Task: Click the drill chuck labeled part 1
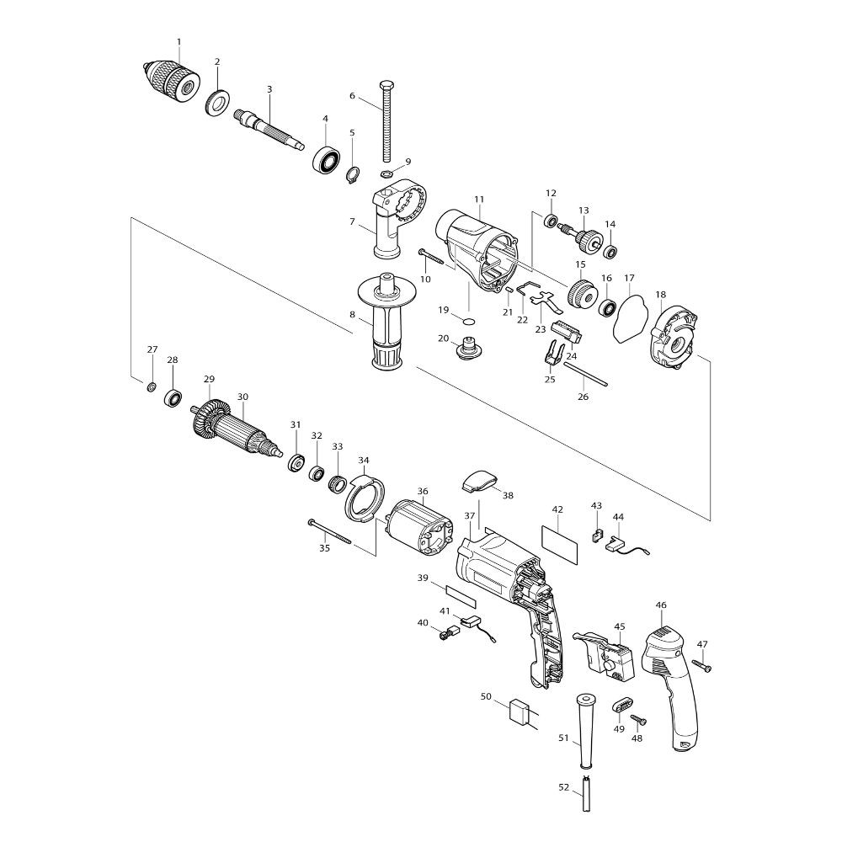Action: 172,81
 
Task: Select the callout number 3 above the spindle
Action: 269,89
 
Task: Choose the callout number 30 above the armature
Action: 242,397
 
